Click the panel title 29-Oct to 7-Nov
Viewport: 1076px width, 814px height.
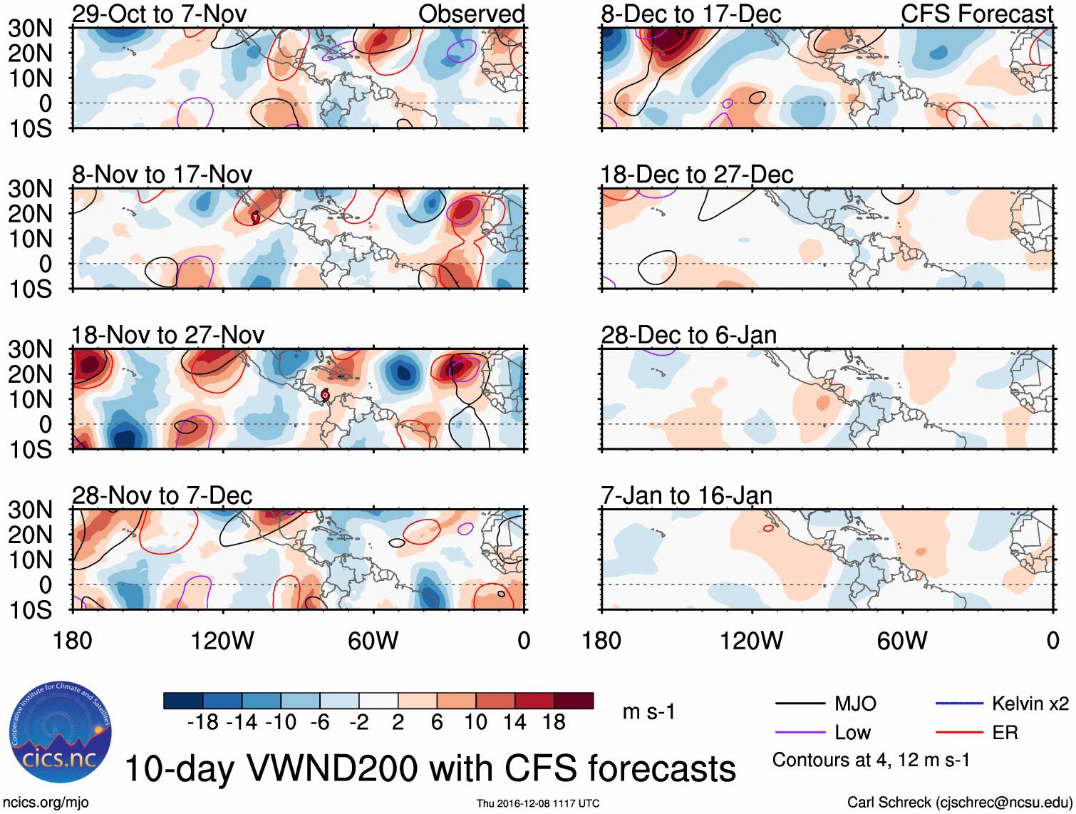click(x=159, y=14)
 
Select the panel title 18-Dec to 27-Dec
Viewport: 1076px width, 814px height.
click(x=696, y=175)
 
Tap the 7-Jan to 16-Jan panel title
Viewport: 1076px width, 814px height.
click(x=686, y=495)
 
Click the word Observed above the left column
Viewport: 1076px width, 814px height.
click(x=471, y=14)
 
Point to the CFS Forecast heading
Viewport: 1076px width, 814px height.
click(x=976, y=14)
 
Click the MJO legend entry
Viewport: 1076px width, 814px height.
click(x=855, y=704)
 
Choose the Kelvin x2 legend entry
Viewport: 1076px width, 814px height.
click(x=1030, y=704)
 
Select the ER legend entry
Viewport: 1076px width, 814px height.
click(x=1005, y=733)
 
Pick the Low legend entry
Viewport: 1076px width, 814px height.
click(x=852, y=733)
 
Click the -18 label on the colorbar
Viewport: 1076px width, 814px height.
click(x=203, y=723)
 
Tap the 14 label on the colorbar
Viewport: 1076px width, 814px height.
click(x=514, y=723)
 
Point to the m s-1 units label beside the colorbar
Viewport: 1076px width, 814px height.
click(x=648, y=712)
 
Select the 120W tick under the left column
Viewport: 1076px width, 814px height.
click(x=222, y=641)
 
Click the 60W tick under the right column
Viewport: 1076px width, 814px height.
click(x=902, y=641)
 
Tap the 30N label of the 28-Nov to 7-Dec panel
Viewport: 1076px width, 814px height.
click(x=30, y=510)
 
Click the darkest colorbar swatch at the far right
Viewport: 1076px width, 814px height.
click(x=574, y=701)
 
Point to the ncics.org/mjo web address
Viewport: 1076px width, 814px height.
click(x=46, y=803)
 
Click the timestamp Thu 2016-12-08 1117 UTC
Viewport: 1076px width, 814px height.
click(x=538, y=803)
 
